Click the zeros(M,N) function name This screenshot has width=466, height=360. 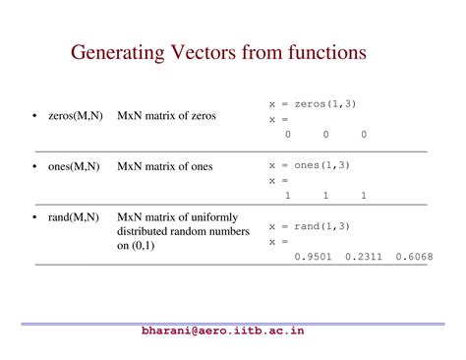tap(74, 116)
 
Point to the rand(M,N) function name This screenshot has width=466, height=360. tap(74, 216)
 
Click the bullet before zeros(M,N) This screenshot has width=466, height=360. tap(36, 117)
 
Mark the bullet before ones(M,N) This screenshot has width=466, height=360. tap(36, 167)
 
